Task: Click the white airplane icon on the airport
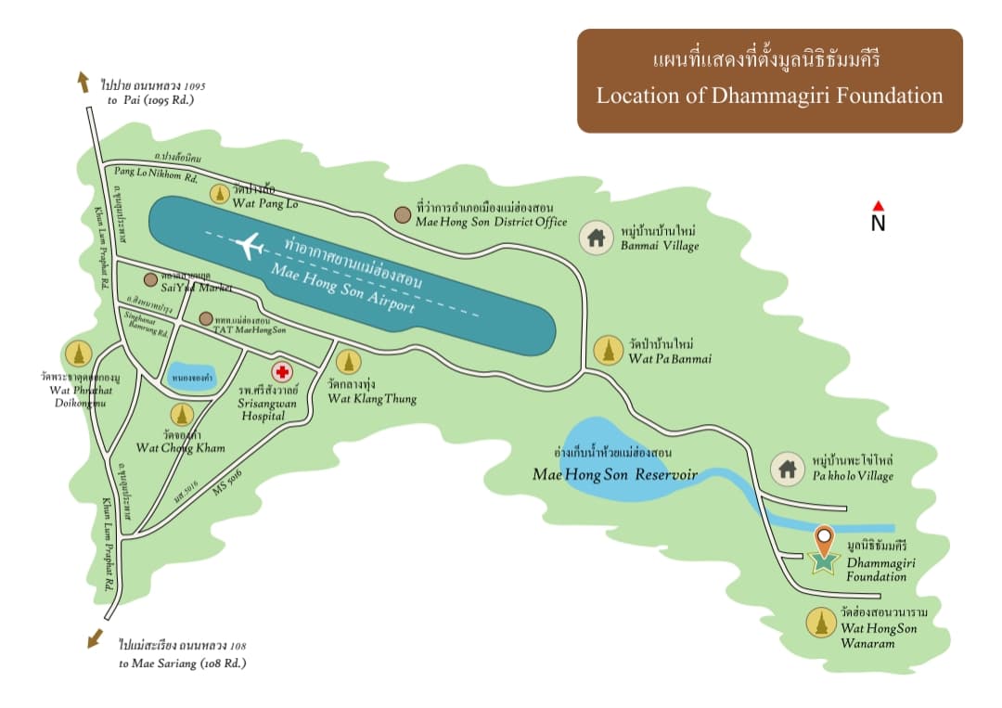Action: (x=249, y=246)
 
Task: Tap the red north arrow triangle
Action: (x=878, y=206)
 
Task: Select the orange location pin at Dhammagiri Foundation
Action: (x=823, y=537)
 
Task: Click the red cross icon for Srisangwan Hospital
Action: (x=283, y=372)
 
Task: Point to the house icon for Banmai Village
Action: (x=596, y=238)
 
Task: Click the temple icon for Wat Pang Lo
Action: (x=219, y=194)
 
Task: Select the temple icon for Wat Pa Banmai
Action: (x=608, y=350)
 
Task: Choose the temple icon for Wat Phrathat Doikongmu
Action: (x=77, y=354)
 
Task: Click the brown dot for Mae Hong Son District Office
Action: (x=402, y=214)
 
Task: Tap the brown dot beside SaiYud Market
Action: (x=150, y=279)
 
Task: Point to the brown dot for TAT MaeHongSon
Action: (x=205, y=318)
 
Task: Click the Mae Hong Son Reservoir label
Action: (x=614, y=473)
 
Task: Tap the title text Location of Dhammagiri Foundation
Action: (x=769, y=95)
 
